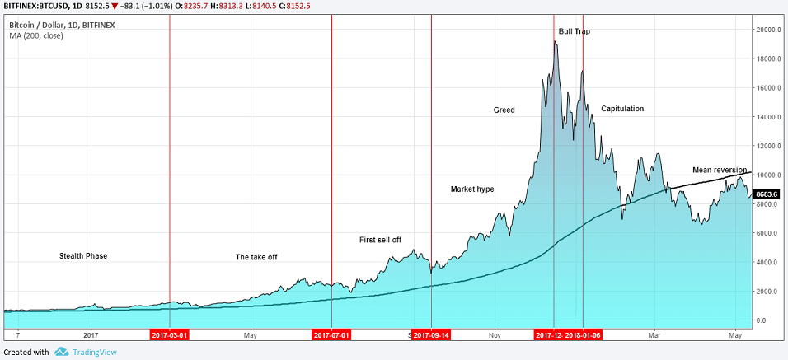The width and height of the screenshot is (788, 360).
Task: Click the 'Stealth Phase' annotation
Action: (x=83, y=256)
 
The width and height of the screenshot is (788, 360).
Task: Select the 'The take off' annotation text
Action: (x=256, y=257)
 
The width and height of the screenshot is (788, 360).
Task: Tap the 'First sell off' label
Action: (x=380, y=240)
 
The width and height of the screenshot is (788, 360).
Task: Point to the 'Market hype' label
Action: (x=472, y=189)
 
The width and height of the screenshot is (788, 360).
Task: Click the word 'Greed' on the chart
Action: (x=504, y=110)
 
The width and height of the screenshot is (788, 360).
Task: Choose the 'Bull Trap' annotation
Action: (x=574, y=31)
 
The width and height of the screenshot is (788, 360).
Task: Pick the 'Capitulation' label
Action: (x=622, y=109)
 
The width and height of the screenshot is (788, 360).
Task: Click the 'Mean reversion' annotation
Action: (x=720, y=170)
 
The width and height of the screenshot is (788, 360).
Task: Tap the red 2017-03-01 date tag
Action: (x=170, y=335)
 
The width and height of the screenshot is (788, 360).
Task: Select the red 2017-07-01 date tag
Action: (x=331, y=335)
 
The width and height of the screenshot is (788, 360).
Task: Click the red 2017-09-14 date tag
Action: (x=431, y=335)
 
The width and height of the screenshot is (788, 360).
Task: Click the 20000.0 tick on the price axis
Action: (x=769, y=30)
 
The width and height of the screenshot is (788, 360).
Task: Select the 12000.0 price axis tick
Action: (x=769, y=146)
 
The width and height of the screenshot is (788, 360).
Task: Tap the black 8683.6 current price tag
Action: (x=767, y=194)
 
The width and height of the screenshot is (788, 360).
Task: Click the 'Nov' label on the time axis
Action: (x=494, y=335)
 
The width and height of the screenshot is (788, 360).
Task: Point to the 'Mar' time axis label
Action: (x=655, y=335)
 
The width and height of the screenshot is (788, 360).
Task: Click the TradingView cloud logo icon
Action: (x=62, y=352)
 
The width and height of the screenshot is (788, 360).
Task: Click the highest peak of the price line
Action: (x=555, y=41)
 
